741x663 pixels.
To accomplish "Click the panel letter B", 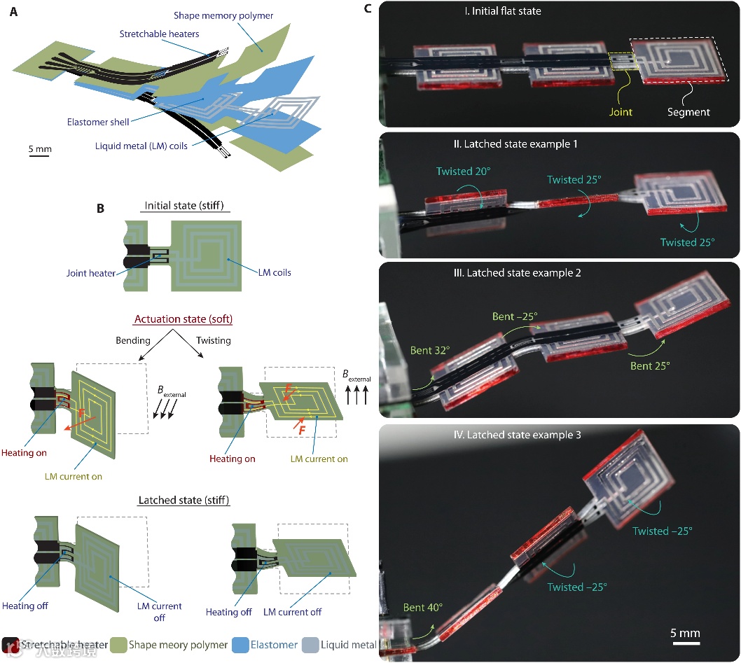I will pyautogui.click(x=100, y=208).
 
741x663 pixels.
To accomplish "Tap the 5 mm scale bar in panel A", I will pyautogui.click(x=40, y=155).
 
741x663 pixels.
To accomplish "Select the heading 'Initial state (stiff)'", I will pyautogui.click(x=183, y=207).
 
